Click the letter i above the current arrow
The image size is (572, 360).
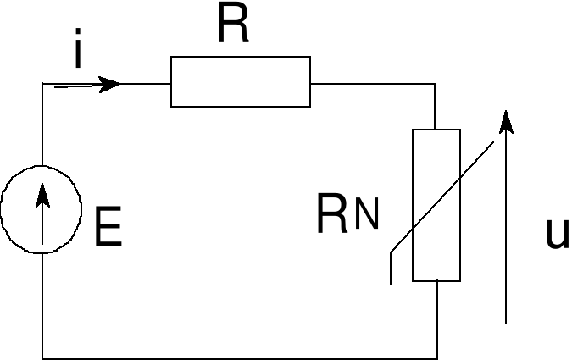click(77, 52)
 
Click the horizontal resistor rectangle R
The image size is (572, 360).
click(241, 81)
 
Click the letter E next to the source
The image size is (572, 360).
click(108, 228)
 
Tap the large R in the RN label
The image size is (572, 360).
click(332, 215)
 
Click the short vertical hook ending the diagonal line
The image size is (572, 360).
click(391, 267)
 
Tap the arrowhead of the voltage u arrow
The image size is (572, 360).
click(506, 122)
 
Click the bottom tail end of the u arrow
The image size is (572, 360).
click(506, 320)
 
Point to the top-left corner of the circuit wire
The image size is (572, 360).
click(42, 84)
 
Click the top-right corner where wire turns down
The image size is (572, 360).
click(436, 84)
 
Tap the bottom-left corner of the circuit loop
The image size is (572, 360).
click(42, 357)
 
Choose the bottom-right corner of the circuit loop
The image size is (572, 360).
click(437, 357)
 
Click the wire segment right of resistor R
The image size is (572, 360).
click(373, 84)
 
